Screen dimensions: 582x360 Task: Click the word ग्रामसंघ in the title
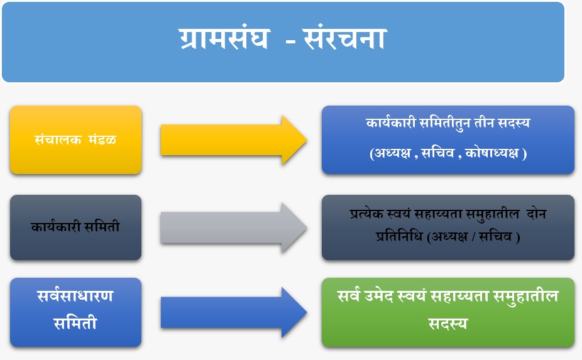click(224, 38)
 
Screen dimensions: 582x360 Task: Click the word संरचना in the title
click(345, 38)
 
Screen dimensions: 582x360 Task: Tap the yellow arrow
click(233, 140)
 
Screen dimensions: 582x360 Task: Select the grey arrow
click(233, 227)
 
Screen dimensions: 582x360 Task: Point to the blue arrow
click(233, 312)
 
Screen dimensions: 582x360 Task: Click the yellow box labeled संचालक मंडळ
click(75, 140)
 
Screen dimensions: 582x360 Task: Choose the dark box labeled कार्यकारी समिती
click(75, 227)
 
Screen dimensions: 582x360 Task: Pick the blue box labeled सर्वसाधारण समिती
click(75, 312)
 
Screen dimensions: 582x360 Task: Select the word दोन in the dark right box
click(536, 214)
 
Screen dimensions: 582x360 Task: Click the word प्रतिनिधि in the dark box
click(398, 236)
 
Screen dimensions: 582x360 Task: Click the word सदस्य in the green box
click(448, 324)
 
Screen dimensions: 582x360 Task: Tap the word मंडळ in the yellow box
click(102, 140)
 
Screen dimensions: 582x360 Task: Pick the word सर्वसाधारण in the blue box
click(75, 296)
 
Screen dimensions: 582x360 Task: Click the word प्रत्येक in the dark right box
click(366, 214)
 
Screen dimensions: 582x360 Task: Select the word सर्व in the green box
click(349, 296)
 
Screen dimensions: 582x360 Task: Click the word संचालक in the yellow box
click(58, 140)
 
